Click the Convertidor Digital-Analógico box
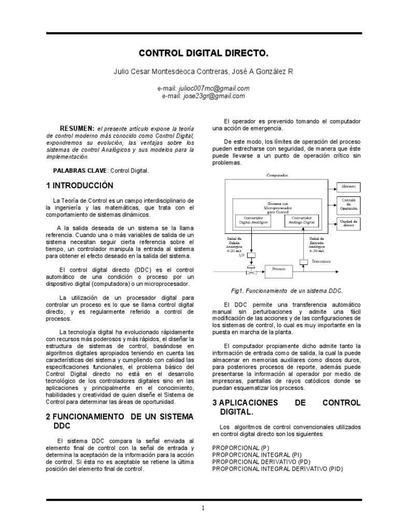click(x=253, y=220)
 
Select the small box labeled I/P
click(x=252, y=255)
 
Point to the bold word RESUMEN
click(x=76, y=128)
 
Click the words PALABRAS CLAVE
click(x=80, y=170)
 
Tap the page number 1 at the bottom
click(x=204, y=509)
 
